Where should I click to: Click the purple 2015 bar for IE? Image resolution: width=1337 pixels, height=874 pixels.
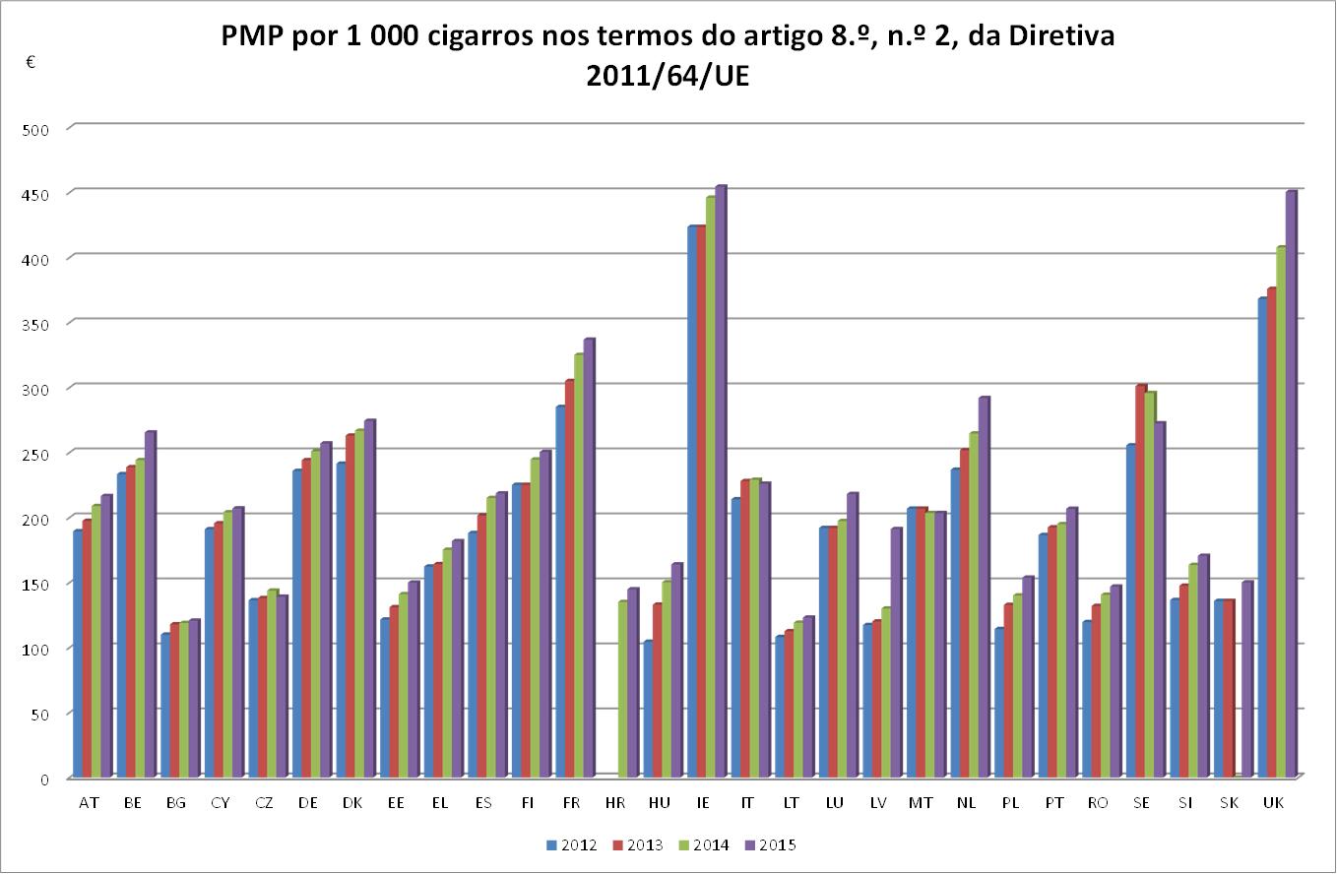click(721, 481)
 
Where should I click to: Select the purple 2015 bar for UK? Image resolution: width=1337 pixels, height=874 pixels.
click(1291, 484)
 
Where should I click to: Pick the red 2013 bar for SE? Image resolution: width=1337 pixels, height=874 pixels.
click(1141, 581)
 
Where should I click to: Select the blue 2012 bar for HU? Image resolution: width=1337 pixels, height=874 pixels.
click(648, 709)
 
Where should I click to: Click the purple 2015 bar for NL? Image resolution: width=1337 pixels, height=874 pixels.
click(985, 587)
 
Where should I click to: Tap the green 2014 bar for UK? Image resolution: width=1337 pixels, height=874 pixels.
click(1281, 512)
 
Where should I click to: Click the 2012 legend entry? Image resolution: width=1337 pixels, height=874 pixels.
click(572, 844)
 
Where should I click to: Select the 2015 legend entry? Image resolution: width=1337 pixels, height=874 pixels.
click(771, 844)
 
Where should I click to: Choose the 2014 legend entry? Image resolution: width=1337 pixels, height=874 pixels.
click(704, 844)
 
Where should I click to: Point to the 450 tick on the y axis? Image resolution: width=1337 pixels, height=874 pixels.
click(35, 195)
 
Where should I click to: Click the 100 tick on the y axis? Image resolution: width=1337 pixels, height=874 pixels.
click(35, 649)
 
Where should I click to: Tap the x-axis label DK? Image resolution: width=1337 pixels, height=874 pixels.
click(352, 803)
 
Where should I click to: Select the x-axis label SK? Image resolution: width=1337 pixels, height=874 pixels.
click(1230, 803)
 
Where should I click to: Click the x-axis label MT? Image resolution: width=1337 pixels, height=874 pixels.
click(921, 803)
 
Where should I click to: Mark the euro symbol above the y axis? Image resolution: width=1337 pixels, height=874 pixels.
click(32, 61)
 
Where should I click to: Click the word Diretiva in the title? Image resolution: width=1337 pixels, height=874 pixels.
click(1062, 35)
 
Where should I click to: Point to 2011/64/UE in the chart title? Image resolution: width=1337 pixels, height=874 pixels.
click(668, 77)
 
